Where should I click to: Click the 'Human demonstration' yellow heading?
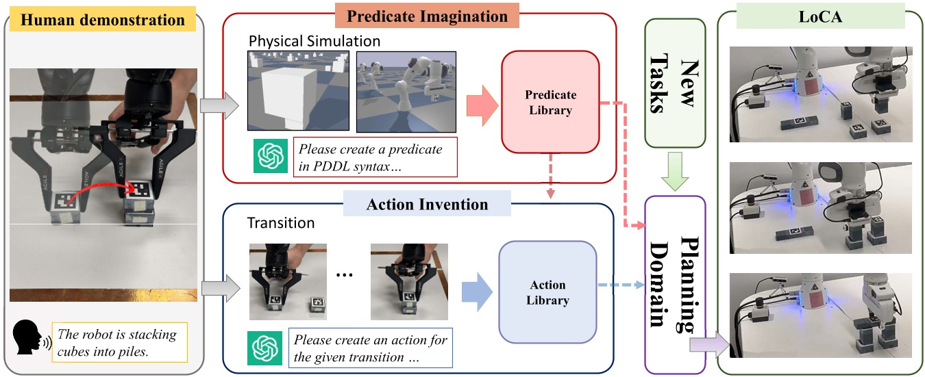click(103, 20)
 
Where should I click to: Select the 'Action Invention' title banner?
click(427, 205)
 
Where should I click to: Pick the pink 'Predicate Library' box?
click(550, 102)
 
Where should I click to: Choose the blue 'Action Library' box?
click(547, 292)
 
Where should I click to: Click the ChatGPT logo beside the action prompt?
click(264, 348)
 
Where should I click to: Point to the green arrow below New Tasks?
click(675, 177)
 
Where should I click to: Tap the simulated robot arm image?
click(406, 91)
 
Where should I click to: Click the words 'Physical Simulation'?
click(314, 41)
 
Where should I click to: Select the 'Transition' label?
click(282, 223)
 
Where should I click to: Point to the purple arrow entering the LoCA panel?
click(710, 341)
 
